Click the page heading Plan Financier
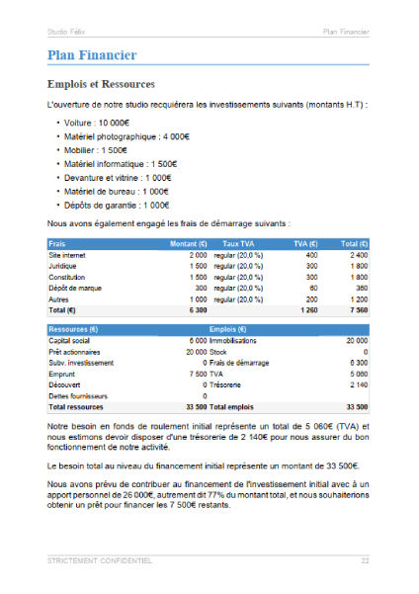coord(91,56)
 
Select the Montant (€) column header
coord(188,243)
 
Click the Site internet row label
coord(68,255)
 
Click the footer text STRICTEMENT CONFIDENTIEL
coord(99,560)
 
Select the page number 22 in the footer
coord(365,560)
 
